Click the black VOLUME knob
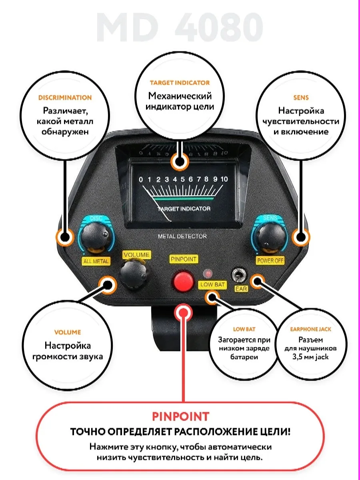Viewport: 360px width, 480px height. (x=132, y=276)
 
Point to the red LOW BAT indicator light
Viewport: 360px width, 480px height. (x=208, y=274)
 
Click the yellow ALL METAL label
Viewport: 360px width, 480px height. (x=96, y=261)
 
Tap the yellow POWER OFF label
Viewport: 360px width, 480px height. (x=270, y=260)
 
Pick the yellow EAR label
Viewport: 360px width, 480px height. (x=242, y=288)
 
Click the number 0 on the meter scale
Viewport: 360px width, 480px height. (x=140, y=179)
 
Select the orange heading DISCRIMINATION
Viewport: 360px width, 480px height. (x=65, y=97)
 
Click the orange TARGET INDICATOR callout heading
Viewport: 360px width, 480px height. (x=180, y=83)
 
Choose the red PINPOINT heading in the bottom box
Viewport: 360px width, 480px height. (x=180, y=416)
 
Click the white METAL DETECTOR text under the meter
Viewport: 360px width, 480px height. (x=182, y=236)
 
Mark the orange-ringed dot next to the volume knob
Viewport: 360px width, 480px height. (x=108, y=285)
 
